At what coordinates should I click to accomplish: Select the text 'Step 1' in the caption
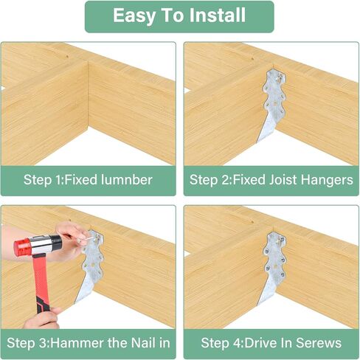pos(44,179)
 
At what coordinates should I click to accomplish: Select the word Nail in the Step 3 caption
pos(142,342)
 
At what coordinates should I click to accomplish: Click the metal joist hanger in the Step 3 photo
pos(91,269)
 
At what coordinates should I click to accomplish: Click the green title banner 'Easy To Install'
pos(179,16)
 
